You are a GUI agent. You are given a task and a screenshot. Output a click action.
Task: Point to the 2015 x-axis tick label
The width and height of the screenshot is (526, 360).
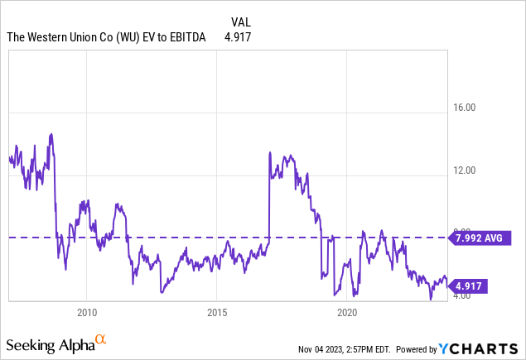click(x=217, y=313)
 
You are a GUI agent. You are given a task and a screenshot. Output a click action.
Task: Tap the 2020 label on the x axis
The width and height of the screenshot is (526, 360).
click(x=347, y=313)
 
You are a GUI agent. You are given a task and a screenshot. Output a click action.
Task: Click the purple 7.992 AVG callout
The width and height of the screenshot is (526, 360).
click(x=479, y=238)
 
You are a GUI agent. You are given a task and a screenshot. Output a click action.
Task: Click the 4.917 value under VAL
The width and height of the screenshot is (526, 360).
click(x=239, y=37)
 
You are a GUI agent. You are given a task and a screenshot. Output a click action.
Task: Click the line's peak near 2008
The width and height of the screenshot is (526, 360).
click(x=51, y=133)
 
